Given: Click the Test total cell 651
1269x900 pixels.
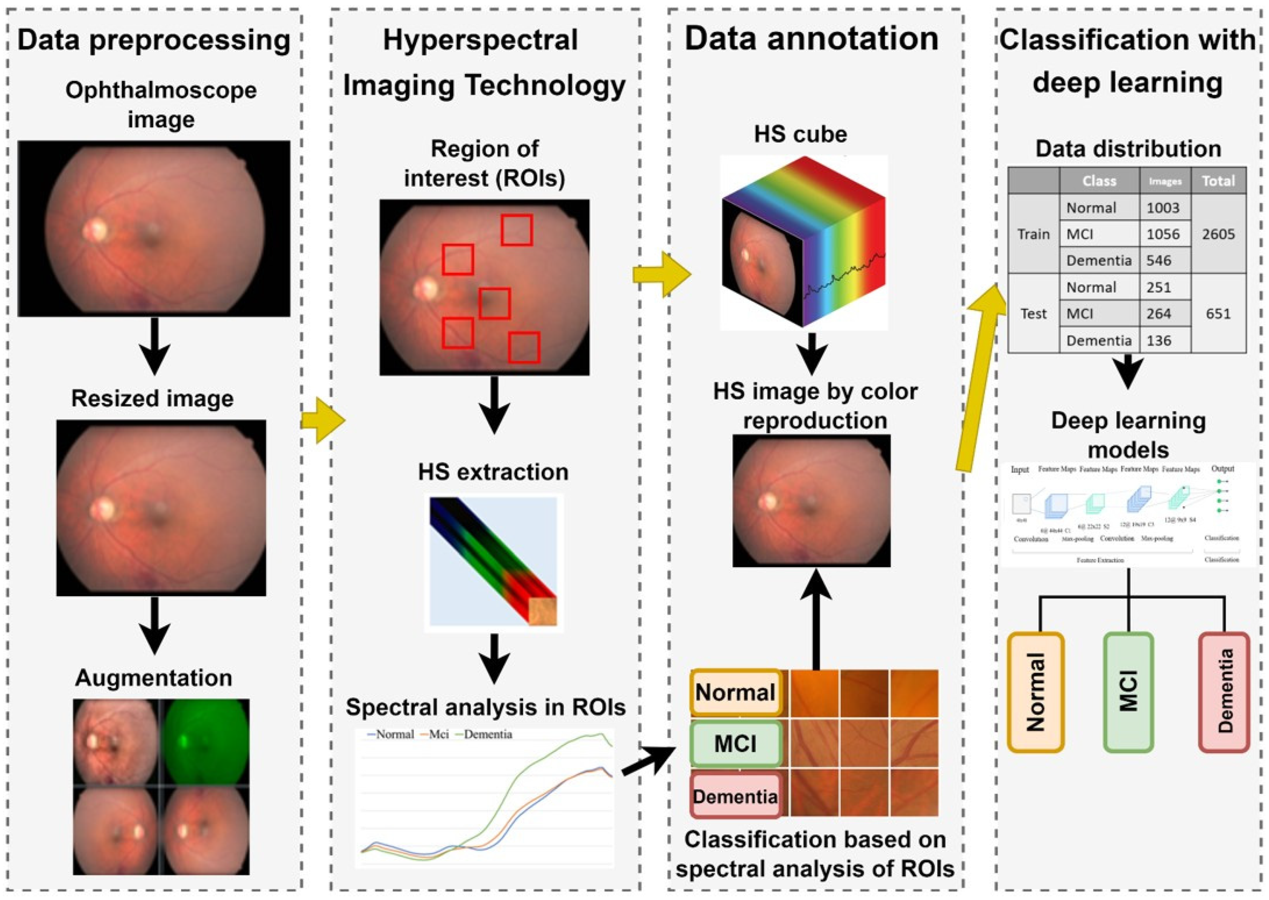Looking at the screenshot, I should (1218, 314).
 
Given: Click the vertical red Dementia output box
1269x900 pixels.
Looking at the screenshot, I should (1224, 692).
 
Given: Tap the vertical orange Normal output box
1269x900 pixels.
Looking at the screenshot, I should (1035, 692).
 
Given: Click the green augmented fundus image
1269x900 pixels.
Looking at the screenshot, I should (204, 742).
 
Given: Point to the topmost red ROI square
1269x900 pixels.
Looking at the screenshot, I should (517, 230).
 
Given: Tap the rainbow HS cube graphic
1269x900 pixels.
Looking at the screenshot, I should (803, 243).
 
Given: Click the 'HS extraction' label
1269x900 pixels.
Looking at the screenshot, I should (493, 472).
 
